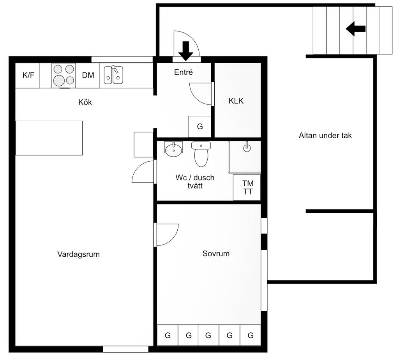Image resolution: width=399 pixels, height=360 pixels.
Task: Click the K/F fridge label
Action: coord(28,75)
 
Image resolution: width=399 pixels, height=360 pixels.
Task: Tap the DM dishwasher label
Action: coord(88,75)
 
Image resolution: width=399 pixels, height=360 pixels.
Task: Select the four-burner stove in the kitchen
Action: coord(64,75)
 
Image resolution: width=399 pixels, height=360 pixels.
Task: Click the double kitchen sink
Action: coord(113,75)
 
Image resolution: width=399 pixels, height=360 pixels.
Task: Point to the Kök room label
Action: coord(85,102)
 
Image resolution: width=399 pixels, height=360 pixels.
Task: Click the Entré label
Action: coord(184,72)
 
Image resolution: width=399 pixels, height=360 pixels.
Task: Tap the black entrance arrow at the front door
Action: coord(186,51)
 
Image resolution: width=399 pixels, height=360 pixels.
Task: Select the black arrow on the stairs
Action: coord(356,29)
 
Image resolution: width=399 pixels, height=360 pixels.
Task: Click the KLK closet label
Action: coord(236,101)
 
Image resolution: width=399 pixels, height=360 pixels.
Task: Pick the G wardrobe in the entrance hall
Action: coord(200,127)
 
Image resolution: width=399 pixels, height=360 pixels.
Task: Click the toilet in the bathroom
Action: coord(201,154)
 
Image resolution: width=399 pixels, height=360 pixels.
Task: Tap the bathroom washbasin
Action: coord(173,149)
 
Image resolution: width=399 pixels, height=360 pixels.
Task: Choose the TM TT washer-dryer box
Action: coord(247,187)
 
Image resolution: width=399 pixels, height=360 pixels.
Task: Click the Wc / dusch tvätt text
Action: coord(195,182)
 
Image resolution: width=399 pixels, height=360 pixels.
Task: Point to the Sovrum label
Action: coord(216,253)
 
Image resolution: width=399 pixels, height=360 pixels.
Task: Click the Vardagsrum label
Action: coord(78,254)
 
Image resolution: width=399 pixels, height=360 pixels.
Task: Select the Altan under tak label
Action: coord(325,135)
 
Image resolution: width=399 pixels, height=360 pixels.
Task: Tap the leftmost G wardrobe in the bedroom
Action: coord(168,335)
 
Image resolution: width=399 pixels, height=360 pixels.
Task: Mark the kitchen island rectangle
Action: coord(49,138)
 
